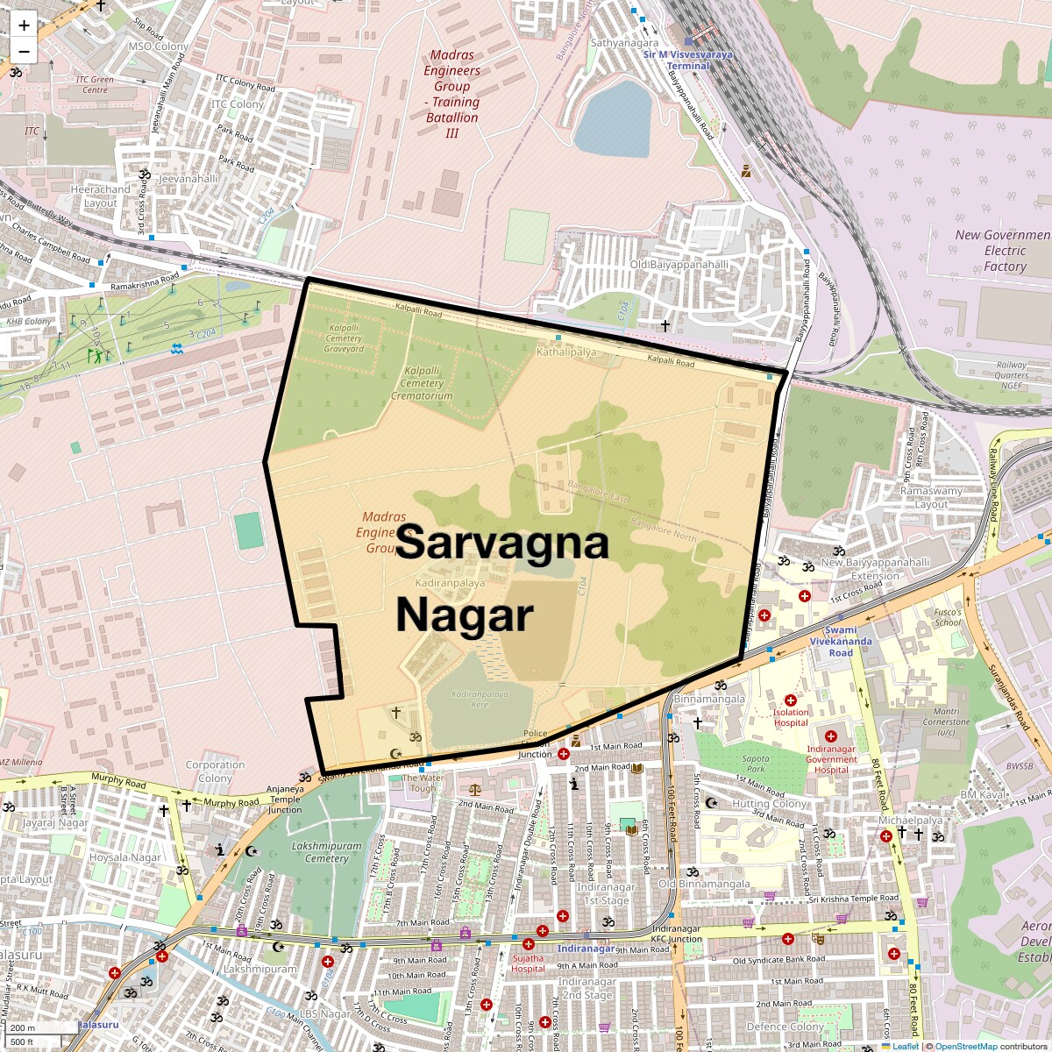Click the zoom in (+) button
pos(24,25)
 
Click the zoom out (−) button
pos(24,51)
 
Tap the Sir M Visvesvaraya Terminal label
pos(688,60)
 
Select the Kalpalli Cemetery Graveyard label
pos(344,338)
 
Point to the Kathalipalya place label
pos(566,352)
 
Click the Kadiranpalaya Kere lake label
pos(480,699)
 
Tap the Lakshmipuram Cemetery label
pos(326,852)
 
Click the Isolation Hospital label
pos(790,717)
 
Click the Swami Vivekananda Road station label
pos(840,641)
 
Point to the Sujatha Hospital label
pos(528,963)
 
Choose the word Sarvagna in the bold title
pos(502,542)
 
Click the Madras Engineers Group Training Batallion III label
pos(452,94)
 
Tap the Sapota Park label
pos(755,764)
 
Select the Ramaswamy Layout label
pos(931,497)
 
